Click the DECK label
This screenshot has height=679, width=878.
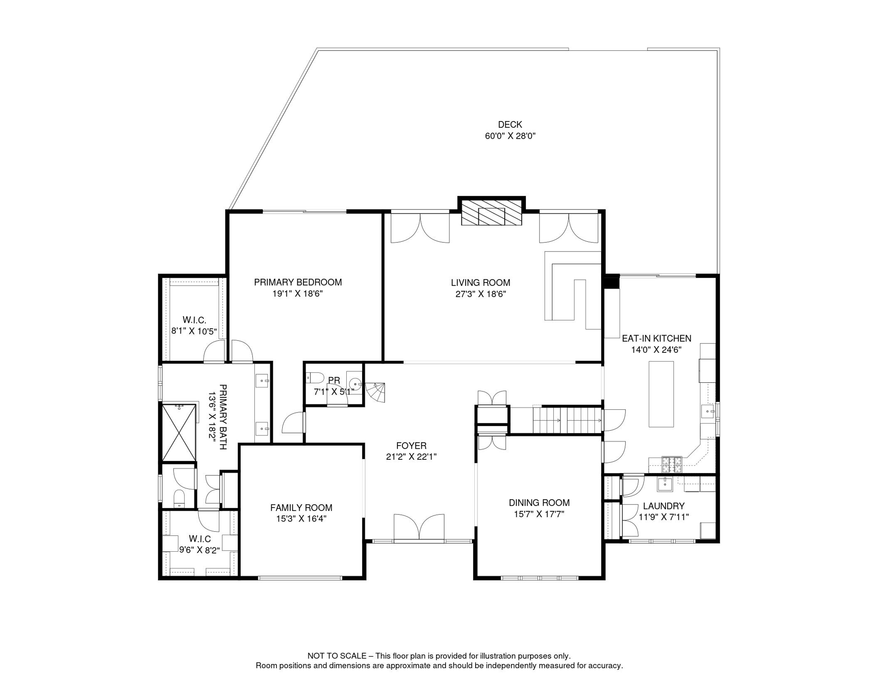[510, 125]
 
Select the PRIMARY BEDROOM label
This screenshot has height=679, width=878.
[298, 282]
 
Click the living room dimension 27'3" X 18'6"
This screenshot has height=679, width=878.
[481, 294]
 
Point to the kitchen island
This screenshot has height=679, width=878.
[661, 394]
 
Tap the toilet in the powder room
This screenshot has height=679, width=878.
[315, 378]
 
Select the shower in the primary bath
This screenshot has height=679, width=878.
[179, 432]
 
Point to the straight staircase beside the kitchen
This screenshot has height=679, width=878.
[567, 420]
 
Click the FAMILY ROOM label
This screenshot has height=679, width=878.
[301, 508]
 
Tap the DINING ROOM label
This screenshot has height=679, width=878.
[539, 503]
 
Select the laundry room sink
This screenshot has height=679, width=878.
[665, 484]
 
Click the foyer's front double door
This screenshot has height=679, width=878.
[419, 527]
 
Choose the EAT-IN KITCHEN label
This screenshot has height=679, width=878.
[657, 338]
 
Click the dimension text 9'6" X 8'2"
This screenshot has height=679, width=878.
[200, 550]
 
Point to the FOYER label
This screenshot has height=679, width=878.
[411, 446]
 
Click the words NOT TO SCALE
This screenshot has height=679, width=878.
[337, 656]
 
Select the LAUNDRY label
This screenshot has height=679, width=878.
[664, 506]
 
